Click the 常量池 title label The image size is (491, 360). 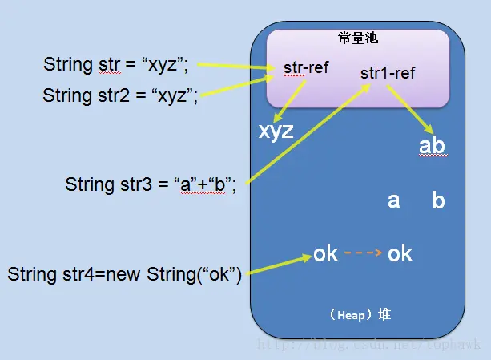(x=357, y=38)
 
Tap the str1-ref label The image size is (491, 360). (x=388, y=73)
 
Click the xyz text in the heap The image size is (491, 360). (x=276, y=131)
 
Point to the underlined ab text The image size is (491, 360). (x=432, y=146)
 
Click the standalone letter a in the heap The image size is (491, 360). (x=393, y=200)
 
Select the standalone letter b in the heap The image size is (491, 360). (x=438, y=200)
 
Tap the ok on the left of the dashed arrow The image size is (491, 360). (x=325, y=254)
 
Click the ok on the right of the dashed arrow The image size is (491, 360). (x=400, y=254)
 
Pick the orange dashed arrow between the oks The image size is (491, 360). (x=362, y=254)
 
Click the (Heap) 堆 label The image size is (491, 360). (x=360, y=314)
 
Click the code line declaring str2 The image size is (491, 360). (x=120, y=95)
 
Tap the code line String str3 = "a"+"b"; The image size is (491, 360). (x=151, y=184)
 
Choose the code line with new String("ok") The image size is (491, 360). (x=124, y=273)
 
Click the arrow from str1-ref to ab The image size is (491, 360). (x=409, y=107)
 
